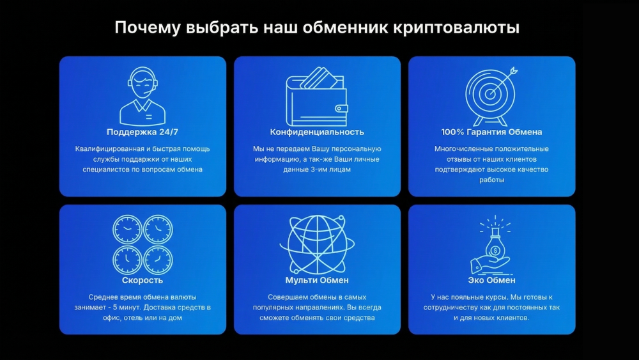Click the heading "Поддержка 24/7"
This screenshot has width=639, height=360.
[x=142, y=132]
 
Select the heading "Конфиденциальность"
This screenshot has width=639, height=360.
[x=317, y=132]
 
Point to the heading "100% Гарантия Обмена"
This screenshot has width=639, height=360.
[x=491, y=132]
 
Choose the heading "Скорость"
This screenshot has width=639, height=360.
[x=142, y=280]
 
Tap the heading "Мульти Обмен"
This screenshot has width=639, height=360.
[x=317, y=280]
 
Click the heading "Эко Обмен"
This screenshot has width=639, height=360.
[x=491, y=280]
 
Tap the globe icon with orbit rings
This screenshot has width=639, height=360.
[x=317, y=244]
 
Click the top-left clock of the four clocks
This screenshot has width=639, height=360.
[x=127, y=228]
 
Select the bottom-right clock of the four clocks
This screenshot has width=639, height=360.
[x=158, y=260]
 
